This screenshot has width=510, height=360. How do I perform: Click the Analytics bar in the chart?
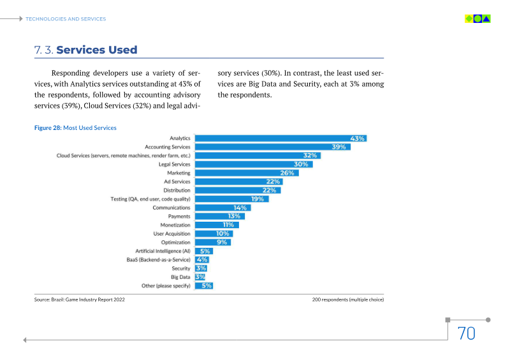click(280, 138)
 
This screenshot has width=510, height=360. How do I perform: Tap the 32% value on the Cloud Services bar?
click(310, 155)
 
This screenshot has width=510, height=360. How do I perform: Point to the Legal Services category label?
click(174, 164)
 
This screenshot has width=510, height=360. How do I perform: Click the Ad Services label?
click(177, 182)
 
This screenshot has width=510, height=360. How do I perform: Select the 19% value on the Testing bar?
click(258, 199)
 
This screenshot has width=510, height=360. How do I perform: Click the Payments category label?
click(179, 217)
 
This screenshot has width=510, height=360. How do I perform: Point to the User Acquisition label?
click(172, 234)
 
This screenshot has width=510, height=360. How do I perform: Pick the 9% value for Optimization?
click(222, 242)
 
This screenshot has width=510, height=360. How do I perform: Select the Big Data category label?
click(180, 277)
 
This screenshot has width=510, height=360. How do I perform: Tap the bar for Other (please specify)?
click(203, 285)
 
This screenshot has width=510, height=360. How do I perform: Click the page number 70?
click(466, 333)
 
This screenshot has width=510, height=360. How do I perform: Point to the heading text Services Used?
click(97, 50)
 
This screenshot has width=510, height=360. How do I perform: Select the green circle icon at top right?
click(477, 18)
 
